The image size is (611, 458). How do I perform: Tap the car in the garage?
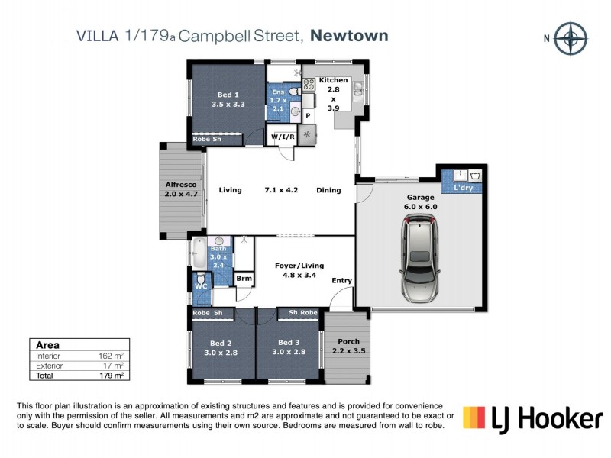419,258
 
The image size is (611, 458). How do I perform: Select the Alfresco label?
181,189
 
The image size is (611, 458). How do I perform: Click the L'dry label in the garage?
464,187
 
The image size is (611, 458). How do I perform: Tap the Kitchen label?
334,80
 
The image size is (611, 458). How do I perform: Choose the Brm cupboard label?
244,279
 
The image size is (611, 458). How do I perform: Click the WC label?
201,287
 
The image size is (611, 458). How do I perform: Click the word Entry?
341,281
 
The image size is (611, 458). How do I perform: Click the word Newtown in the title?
351,35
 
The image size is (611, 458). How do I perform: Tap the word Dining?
328,190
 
